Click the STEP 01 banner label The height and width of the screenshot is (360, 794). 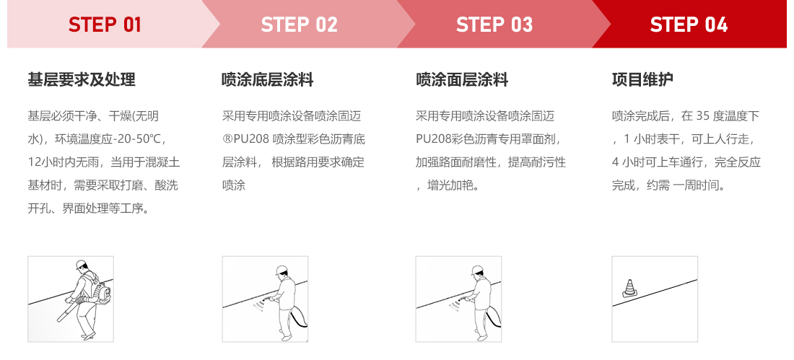coord(105,25)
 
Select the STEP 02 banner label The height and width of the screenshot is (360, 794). coord(299,25)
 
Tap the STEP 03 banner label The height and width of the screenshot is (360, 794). coord(494,25)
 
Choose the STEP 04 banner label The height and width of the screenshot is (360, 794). coord(689,25)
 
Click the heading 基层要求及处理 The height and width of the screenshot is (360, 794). coord(81,79)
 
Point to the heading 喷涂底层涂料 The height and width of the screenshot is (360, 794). coord(267,79)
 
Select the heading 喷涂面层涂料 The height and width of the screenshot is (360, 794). coord(462,79)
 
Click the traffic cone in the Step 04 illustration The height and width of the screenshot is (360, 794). coord(628,289)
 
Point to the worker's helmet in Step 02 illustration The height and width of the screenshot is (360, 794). coord(281,271)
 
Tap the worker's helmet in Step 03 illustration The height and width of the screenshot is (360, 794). coord(476,271)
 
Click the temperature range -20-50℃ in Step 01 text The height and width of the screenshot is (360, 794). coord(140,139)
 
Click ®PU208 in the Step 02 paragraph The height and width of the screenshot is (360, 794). coord(245,139)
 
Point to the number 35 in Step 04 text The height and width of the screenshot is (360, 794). coord(704,115)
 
